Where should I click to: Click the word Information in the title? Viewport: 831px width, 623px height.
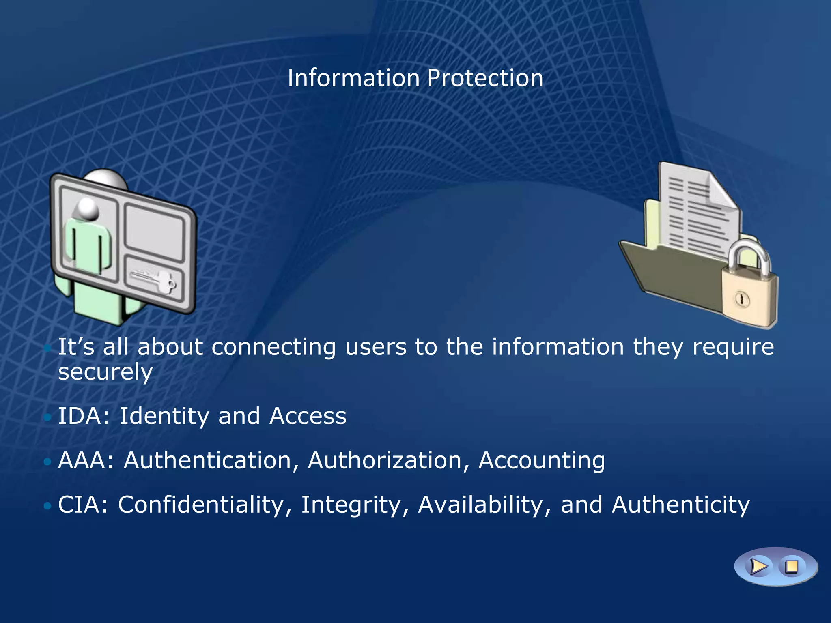coord(353,78)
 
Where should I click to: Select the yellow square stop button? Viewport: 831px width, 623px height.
coord(791,567)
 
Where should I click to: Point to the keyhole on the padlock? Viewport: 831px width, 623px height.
coord(743,300)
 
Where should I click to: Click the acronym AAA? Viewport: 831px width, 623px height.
coord(83,461)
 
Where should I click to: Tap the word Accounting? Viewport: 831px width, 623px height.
coord(542,461)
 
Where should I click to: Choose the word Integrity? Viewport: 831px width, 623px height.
coord(351,505)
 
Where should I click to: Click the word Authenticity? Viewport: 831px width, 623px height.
coord(680,505)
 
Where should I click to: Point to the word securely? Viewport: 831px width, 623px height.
coord(105,372)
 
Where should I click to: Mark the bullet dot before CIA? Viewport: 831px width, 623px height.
coord(47,505)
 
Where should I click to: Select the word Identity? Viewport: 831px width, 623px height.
coord(164,417)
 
